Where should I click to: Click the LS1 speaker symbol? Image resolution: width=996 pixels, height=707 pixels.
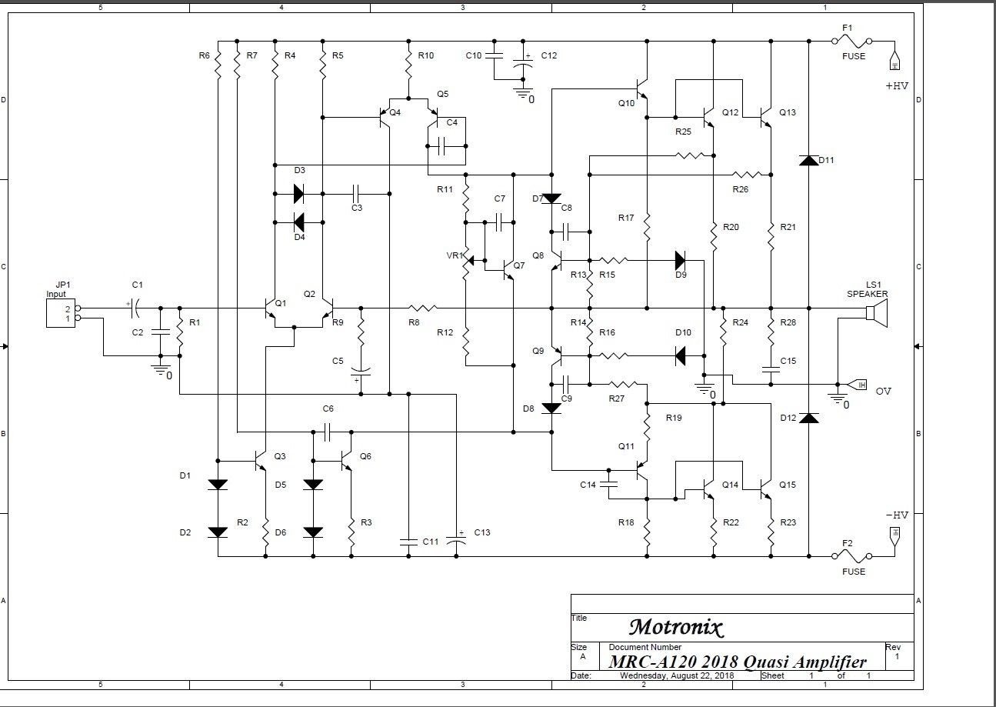pos(876,313)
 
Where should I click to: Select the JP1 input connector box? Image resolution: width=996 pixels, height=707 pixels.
pos(61,313)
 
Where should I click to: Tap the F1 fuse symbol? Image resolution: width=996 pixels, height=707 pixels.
pos(852,42)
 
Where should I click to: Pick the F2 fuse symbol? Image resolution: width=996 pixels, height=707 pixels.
pos(852,556)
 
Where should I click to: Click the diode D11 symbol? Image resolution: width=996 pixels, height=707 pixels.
pos(809,161)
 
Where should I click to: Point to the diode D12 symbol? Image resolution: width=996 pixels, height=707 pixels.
pos(809,418)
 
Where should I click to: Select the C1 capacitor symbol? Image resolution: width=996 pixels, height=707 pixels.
pos(135,308)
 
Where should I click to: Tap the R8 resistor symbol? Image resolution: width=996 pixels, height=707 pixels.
pos(422,308)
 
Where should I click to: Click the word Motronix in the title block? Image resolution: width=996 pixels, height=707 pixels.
pos(676,628)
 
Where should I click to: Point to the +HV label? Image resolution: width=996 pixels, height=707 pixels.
pos(897,86)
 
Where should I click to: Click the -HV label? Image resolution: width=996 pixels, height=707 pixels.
pos(897,515)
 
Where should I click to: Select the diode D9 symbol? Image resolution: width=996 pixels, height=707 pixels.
pos(681,261)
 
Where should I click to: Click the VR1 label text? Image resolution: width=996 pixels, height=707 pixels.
pos(455,255)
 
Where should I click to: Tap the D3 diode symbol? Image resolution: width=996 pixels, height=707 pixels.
pos(298,194)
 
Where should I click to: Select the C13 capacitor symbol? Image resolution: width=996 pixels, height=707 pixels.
pos(456,539)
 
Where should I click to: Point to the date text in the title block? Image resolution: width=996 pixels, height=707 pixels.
pos(677,675)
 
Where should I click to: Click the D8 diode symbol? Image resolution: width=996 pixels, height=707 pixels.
pos(551,409)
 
